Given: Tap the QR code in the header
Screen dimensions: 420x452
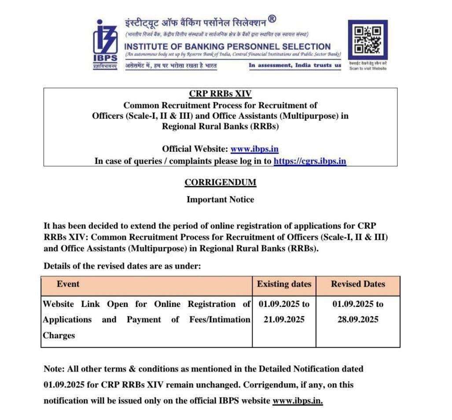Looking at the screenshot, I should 367,40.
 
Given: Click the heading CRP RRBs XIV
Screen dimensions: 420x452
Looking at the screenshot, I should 220,94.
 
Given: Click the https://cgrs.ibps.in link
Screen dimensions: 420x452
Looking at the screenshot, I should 310,161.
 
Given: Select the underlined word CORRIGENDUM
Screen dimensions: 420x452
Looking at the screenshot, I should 220,183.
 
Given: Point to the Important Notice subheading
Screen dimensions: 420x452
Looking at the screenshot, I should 220,200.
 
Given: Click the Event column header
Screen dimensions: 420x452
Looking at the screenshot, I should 68,284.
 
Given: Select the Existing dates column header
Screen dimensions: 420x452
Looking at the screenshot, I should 284,284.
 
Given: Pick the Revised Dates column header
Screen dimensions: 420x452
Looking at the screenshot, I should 358,284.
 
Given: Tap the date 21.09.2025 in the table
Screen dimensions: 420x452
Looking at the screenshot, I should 284,320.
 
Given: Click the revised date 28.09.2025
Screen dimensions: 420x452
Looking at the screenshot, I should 358,320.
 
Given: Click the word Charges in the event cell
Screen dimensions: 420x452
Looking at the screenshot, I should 59,336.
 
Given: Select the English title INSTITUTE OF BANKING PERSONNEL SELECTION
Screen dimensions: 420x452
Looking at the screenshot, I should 228,47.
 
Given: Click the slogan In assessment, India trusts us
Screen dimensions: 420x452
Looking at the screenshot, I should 295,66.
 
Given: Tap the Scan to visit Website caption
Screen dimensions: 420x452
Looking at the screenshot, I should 367,69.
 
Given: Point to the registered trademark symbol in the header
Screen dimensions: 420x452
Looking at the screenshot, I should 272,19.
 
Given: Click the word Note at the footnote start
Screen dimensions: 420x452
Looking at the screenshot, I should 52,369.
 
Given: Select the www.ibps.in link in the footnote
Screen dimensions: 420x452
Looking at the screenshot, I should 298,401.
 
